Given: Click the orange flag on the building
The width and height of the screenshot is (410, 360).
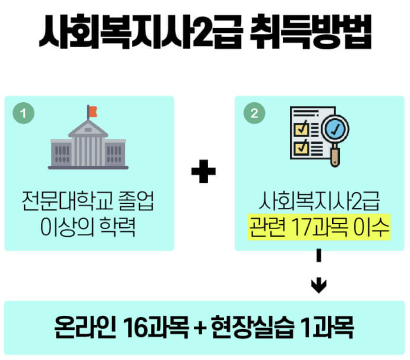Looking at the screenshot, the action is [93, 111].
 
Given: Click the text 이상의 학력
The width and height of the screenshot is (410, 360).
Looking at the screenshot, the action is [88, 227].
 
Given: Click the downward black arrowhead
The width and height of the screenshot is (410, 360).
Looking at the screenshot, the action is [318, 285].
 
